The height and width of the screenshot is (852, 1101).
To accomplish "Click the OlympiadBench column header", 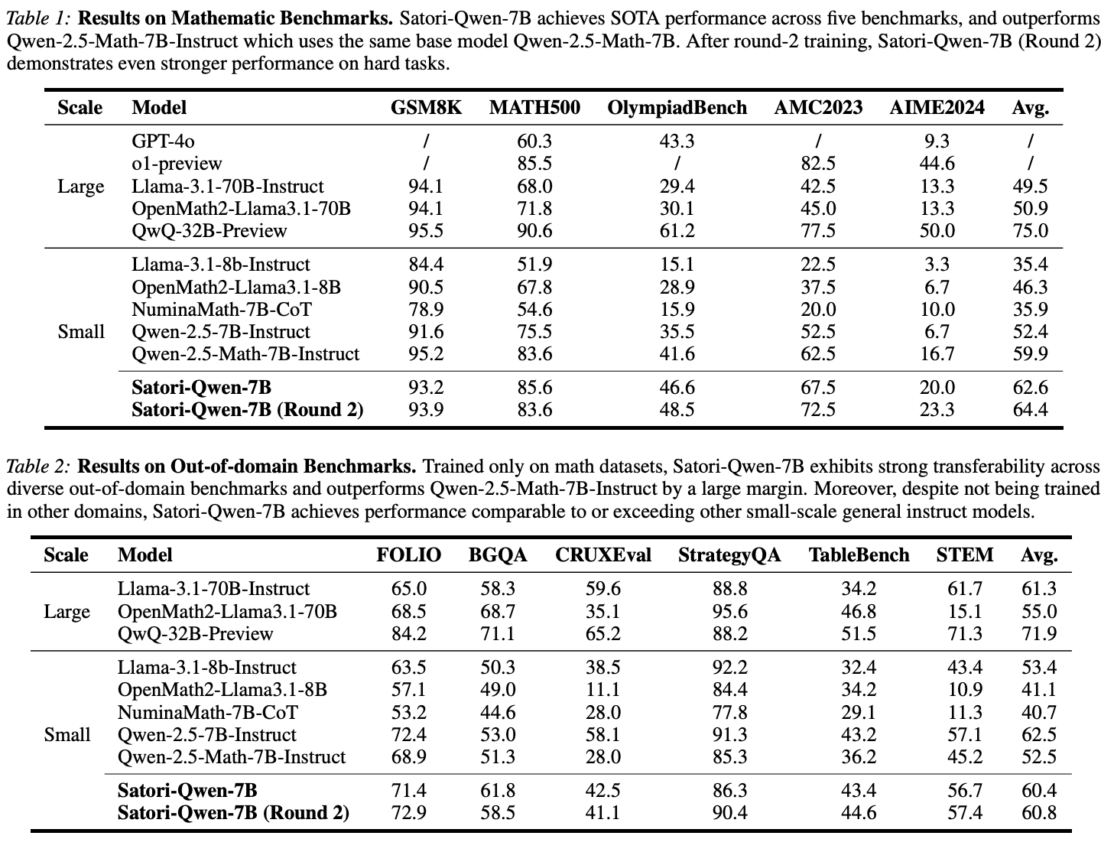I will (677, 108).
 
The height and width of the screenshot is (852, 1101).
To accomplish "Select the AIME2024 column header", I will (937, 108).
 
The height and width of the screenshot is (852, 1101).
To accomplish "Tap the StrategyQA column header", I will (729, 555).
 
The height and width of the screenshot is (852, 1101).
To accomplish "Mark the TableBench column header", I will (859, 555).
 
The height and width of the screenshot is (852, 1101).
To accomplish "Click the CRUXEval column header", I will (603, 555).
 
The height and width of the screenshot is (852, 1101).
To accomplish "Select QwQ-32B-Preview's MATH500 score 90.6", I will (534, 231).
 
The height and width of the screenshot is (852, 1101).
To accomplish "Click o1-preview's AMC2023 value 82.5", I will (818, 164).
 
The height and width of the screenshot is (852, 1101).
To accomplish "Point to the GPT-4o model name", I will (158, 141).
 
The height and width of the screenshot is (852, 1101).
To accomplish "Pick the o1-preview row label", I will (177, 164).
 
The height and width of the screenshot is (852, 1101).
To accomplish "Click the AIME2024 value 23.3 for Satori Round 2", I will (937, 410).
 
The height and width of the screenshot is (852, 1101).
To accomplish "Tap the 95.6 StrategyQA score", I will (729, 612).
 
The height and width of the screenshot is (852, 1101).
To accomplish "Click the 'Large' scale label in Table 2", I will (67, 612).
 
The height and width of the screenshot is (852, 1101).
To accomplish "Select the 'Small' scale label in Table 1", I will (81, 332).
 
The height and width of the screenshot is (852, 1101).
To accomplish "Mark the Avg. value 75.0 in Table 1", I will (1030, 231).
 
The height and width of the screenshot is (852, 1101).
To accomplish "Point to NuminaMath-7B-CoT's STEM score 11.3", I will (965, 713).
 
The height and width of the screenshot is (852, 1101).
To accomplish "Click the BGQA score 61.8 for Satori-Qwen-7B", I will (498, 791).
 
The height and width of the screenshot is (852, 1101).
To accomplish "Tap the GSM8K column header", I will (426, 108).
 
